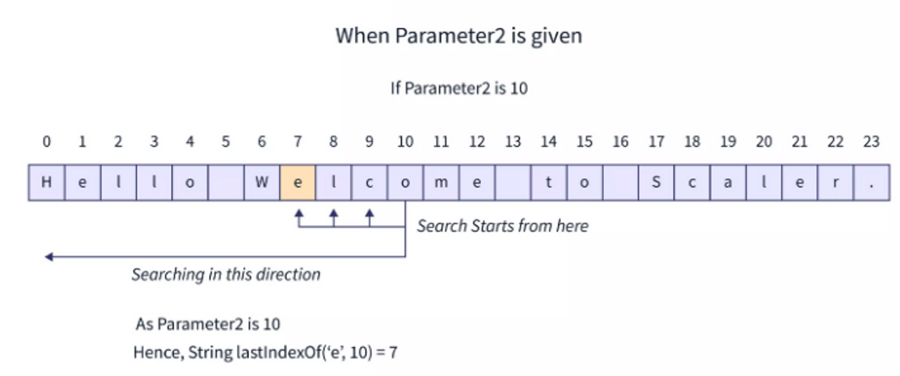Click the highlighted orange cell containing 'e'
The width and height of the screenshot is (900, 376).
(x=297, y=183)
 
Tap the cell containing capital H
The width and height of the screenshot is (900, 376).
(x=46, y=183)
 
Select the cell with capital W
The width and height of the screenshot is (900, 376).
(x=262, y=183)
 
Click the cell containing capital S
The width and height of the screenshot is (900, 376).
(x=656, y=183)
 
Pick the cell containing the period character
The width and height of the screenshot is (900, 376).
(x=871, y=183)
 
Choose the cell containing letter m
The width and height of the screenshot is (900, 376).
(x=441, y=183)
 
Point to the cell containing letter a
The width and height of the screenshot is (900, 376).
(x=728, y=183)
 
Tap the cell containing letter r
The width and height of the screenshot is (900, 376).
(x=835, y=183)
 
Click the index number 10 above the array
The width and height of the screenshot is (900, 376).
(x=405, y=142)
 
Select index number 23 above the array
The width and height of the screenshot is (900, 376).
(x=871, y=142)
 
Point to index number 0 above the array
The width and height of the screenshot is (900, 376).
(x=46, y=142)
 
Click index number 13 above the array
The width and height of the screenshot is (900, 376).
(x=513, y=142)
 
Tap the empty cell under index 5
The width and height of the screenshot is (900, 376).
(x=226, y=183)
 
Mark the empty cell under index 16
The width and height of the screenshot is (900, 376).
(x=620, y=183)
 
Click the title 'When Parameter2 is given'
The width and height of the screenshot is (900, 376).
(x=458, y=36)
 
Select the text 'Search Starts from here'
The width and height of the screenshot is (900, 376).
(x=502, y=226)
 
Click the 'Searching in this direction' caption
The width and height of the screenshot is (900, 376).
(x=226, y=274)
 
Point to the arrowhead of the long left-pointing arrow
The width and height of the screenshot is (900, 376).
(x=49, y=257)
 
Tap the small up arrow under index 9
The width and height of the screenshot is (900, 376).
(x=370, y=212)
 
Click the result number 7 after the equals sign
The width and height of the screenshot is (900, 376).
(x=393, y=352)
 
